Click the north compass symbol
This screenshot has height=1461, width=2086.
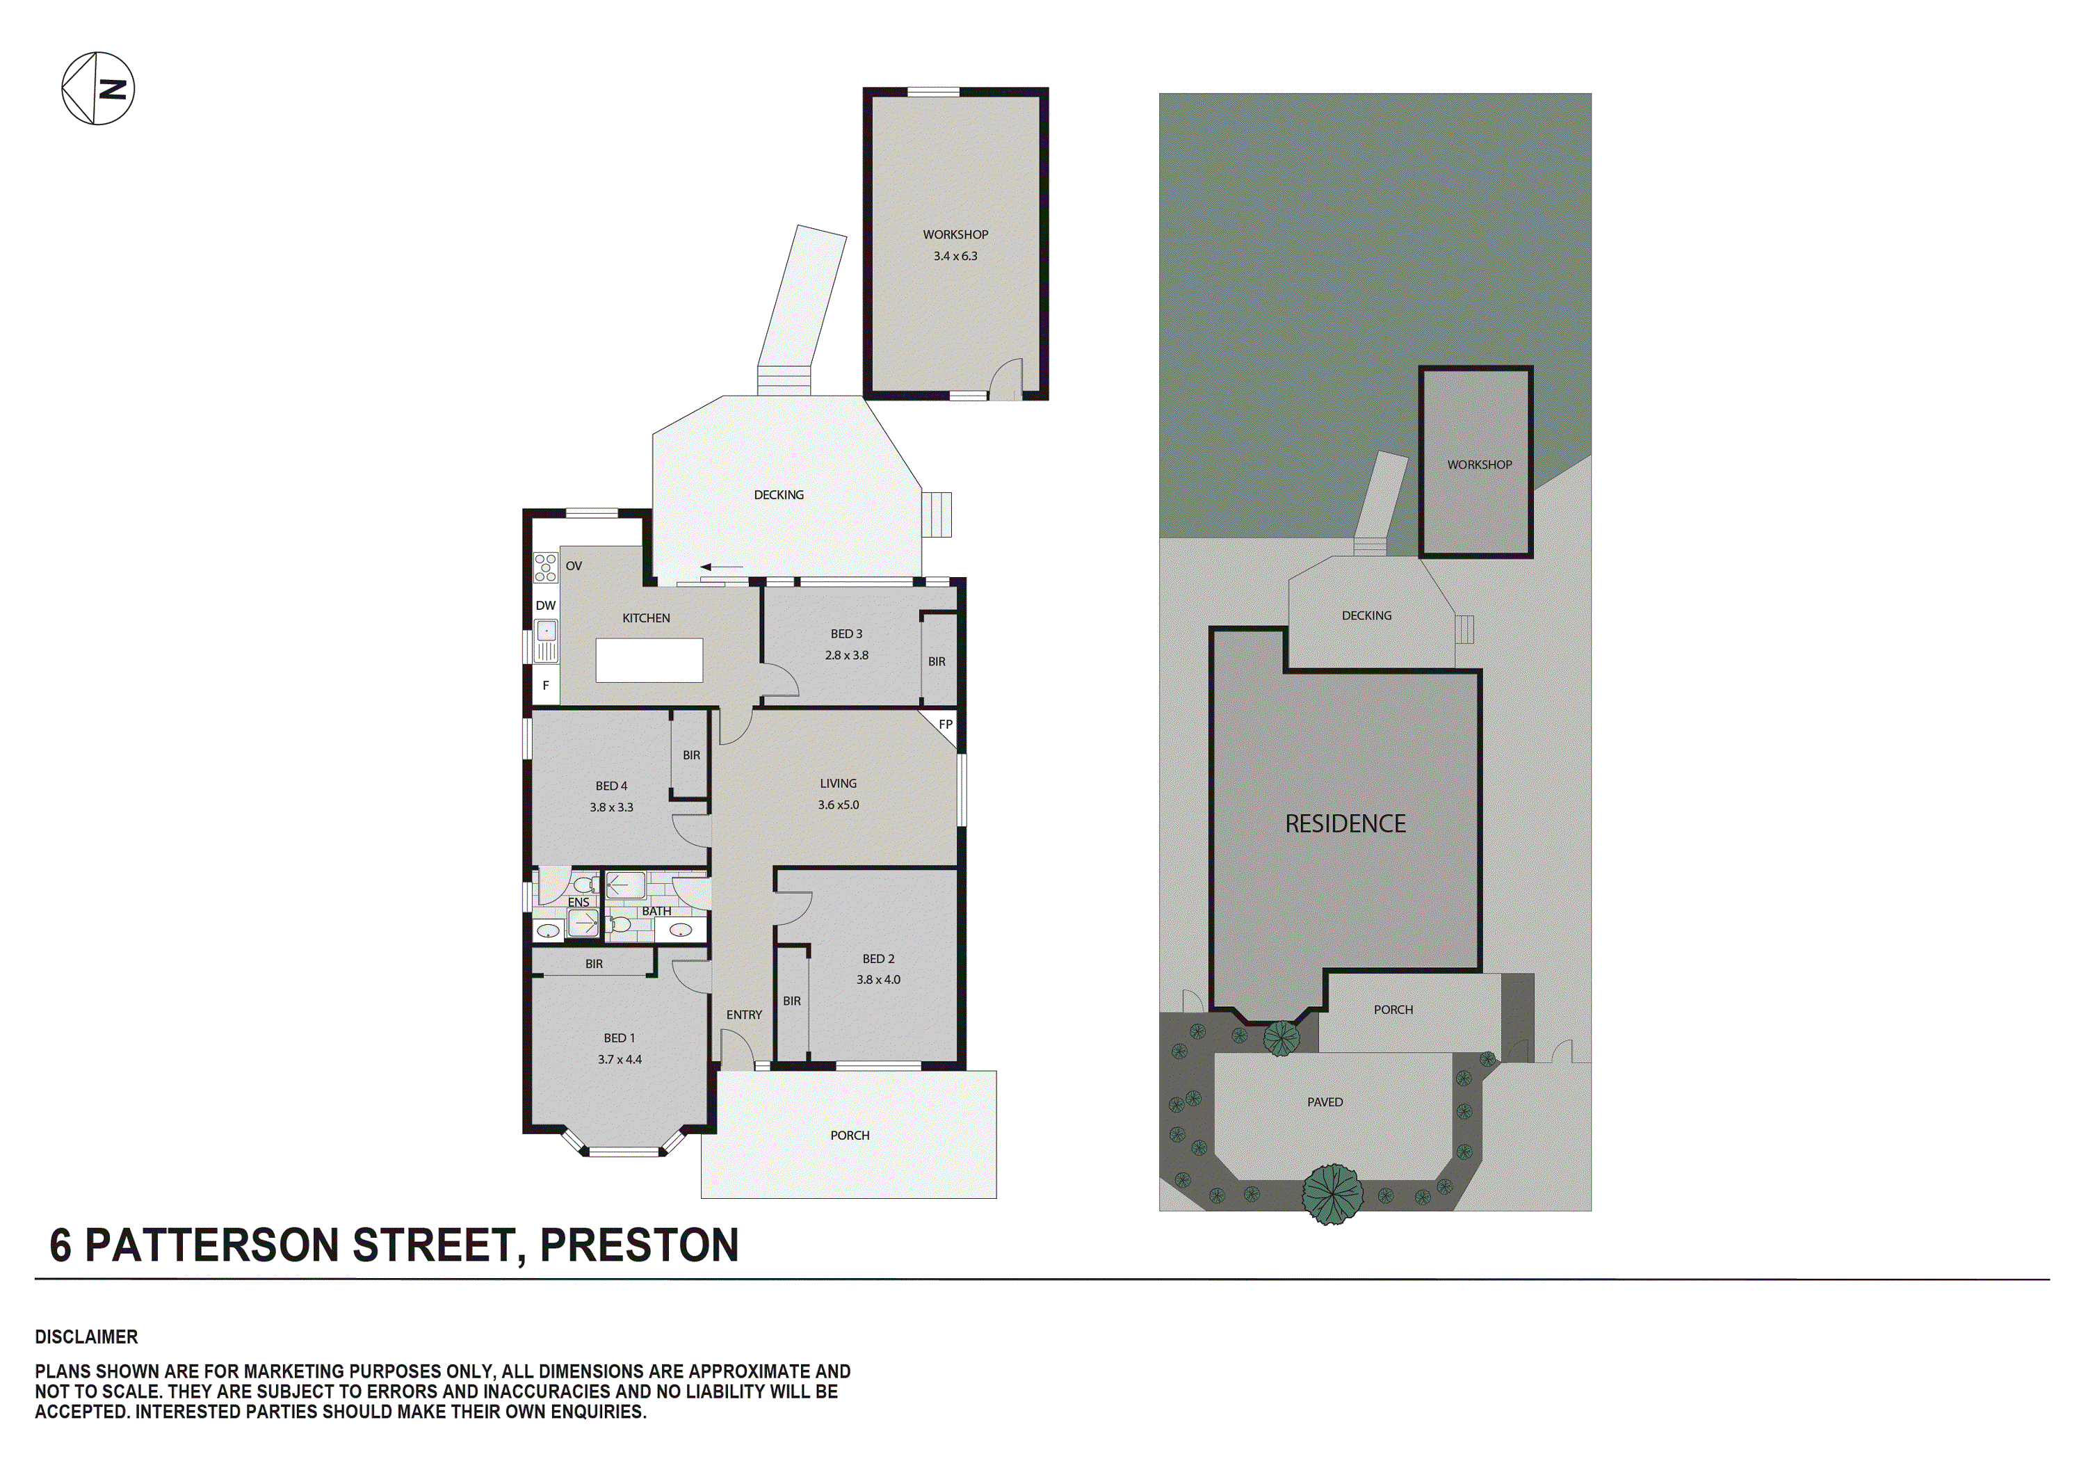click(98, 88)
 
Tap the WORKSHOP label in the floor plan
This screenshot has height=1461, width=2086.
click(955, 234)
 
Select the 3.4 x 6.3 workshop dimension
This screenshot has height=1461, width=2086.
click(955, 256)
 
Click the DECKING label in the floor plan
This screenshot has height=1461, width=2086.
click(779, 495)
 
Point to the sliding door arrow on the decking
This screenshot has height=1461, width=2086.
click(720, 567)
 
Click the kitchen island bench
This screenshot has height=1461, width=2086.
click(649, 661)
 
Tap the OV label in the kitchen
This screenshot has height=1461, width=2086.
click(573, 566)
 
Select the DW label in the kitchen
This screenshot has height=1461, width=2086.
click(545, 606)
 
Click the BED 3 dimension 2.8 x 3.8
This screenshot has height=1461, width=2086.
click(847, 655)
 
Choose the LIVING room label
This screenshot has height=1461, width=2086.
click(838, 783)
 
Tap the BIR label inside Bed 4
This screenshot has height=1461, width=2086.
click(691, 755)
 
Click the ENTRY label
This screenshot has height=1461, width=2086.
click(744, 1015)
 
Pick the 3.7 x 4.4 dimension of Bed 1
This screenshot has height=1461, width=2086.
click(620, 1059)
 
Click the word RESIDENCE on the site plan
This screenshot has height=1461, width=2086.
click(1345, 824)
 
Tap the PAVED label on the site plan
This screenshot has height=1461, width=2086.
click(1325, 1102)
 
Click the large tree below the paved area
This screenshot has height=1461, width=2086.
click(1333, 1194)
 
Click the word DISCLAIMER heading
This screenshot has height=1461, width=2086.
click(86, 1337)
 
